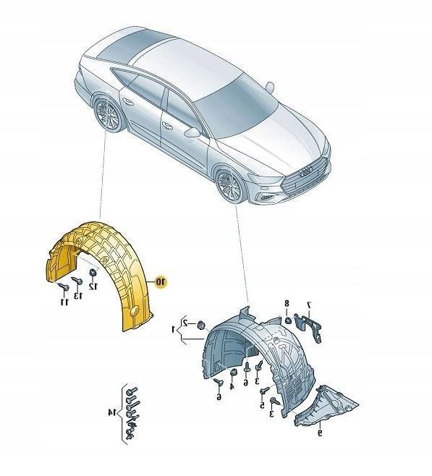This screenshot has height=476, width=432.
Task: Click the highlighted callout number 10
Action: pyautogui.click(x=161, y=282)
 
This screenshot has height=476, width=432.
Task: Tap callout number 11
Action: pyautogui.click(x=64, y=302)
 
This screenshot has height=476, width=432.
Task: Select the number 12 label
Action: pyautogui.click(x=93, y=286)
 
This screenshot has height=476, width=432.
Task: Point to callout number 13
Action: pyautogui.click(x=78, y=294)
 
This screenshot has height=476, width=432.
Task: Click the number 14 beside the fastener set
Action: pyautogui.click(x=112, y=412)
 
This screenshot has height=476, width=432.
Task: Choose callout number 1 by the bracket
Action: pyautogui.click(x=174, y=329)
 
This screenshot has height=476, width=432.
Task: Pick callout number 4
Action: pyautogui.click(x=232, y=386)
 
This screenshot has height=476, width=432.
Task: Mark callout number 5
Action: pyautogui.click(x=262, y=404)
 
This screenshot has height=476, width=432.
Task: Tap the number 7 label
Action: pyautogui.click(x=310, y=304)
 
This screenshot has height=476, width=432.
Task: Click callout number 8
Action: pyautogui.click(x=287, y=303)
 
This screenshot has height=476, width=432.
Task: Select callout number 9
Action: pyautogui.click(x=320, y=433)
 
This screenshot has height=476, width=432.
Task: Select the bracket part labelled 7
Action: pyautogui.click(x=308, y=327)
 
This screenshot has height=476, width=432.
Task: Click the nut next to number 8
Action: pyautogui.click(x=289, y=320)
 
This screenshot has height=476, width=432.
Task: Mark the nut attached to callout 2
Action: pyautogui.click(x=200, y=325)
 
